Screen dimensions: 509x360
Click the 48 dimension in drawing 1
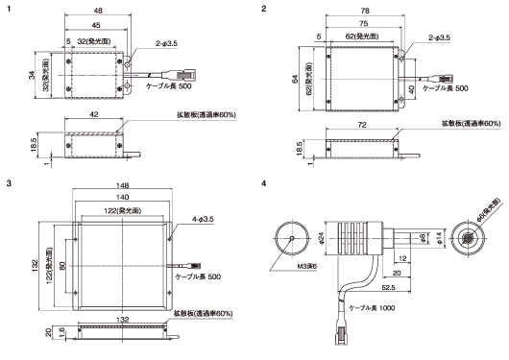coord(98,11)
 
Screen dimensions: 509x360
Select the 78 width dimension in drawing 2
coord(365,11)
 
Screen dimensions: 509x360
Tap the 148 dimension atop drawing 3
coord(122,185)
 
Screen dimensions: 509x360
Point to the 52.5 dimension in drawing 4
coord(389,288)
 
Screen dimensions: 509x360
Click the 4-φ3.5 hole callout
coord(203,220)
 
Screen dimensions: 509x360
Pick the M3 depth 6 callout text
coord(307,266)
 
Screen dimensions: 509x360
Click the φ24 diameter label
coord(322,238)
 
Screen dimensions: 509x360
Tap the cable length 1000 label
coord(372,308)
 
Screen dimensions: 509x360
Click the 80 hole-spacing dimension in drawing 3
coord(62,266)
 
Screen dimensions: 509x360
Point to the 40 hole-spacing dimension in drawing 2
coord(411,89)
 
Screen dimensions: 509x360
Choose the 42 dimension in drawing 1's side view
coord(94,114)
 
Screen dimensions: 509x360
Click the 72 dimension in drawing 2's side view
coord(362,125)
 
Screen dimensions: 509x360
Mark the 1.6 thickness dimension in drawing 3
coord(62,332)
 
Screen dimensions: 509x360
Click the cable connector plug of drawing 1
coord(183,75)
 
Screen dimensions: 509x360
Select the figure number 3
coord(9,183)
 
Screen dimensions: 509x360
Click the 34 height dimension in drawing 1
coord(32,75)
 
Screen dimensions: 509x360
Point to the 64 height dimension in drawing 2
coord(295,79)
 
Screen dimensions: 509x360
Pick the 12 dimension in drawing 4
coord(402,258)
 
